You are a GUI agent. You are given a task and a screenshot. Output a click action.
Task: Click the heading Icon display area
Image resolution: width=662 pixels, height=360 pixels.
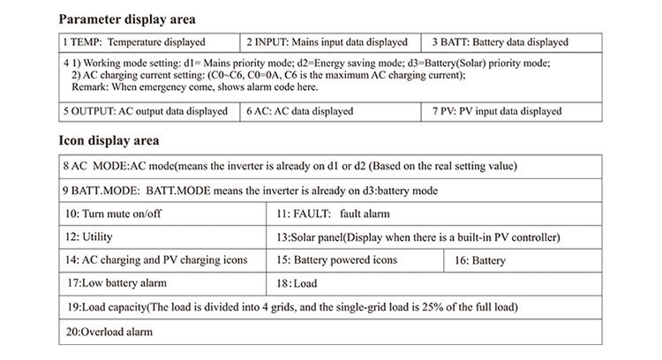click(x=109, y=140)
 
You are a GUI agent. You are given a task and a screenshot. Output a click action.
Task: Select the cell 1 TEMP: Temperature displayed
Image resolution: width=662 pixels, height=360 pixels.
click(x=133, y=41)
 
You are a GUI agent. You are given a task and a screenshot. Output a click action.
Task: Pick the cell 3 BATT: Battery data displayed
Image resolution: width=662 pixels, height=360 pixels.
click(x=500, y=41)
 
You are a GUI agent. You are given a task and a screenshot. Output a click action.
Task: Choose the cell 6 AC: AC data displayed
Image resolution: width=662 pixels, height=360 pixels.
click(x=300, y=111)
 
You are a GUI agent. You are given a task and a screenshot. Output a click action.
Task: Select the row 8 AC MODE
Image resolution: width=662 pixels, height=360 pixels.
click(x=291, y=166)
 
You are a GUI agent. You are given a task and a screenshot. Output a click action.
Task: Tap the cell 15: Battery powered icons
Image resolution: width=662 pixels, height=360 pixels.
click(x=336, y=260)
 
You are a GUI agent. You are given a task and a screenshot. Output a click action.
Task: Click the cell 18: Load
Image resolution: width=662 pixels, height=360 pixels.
click(x=297, y=284)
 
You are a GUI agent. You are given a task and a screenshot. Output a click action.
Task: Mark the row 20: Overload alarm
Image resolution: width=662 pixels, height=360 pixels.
click(x=109, y=332)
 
